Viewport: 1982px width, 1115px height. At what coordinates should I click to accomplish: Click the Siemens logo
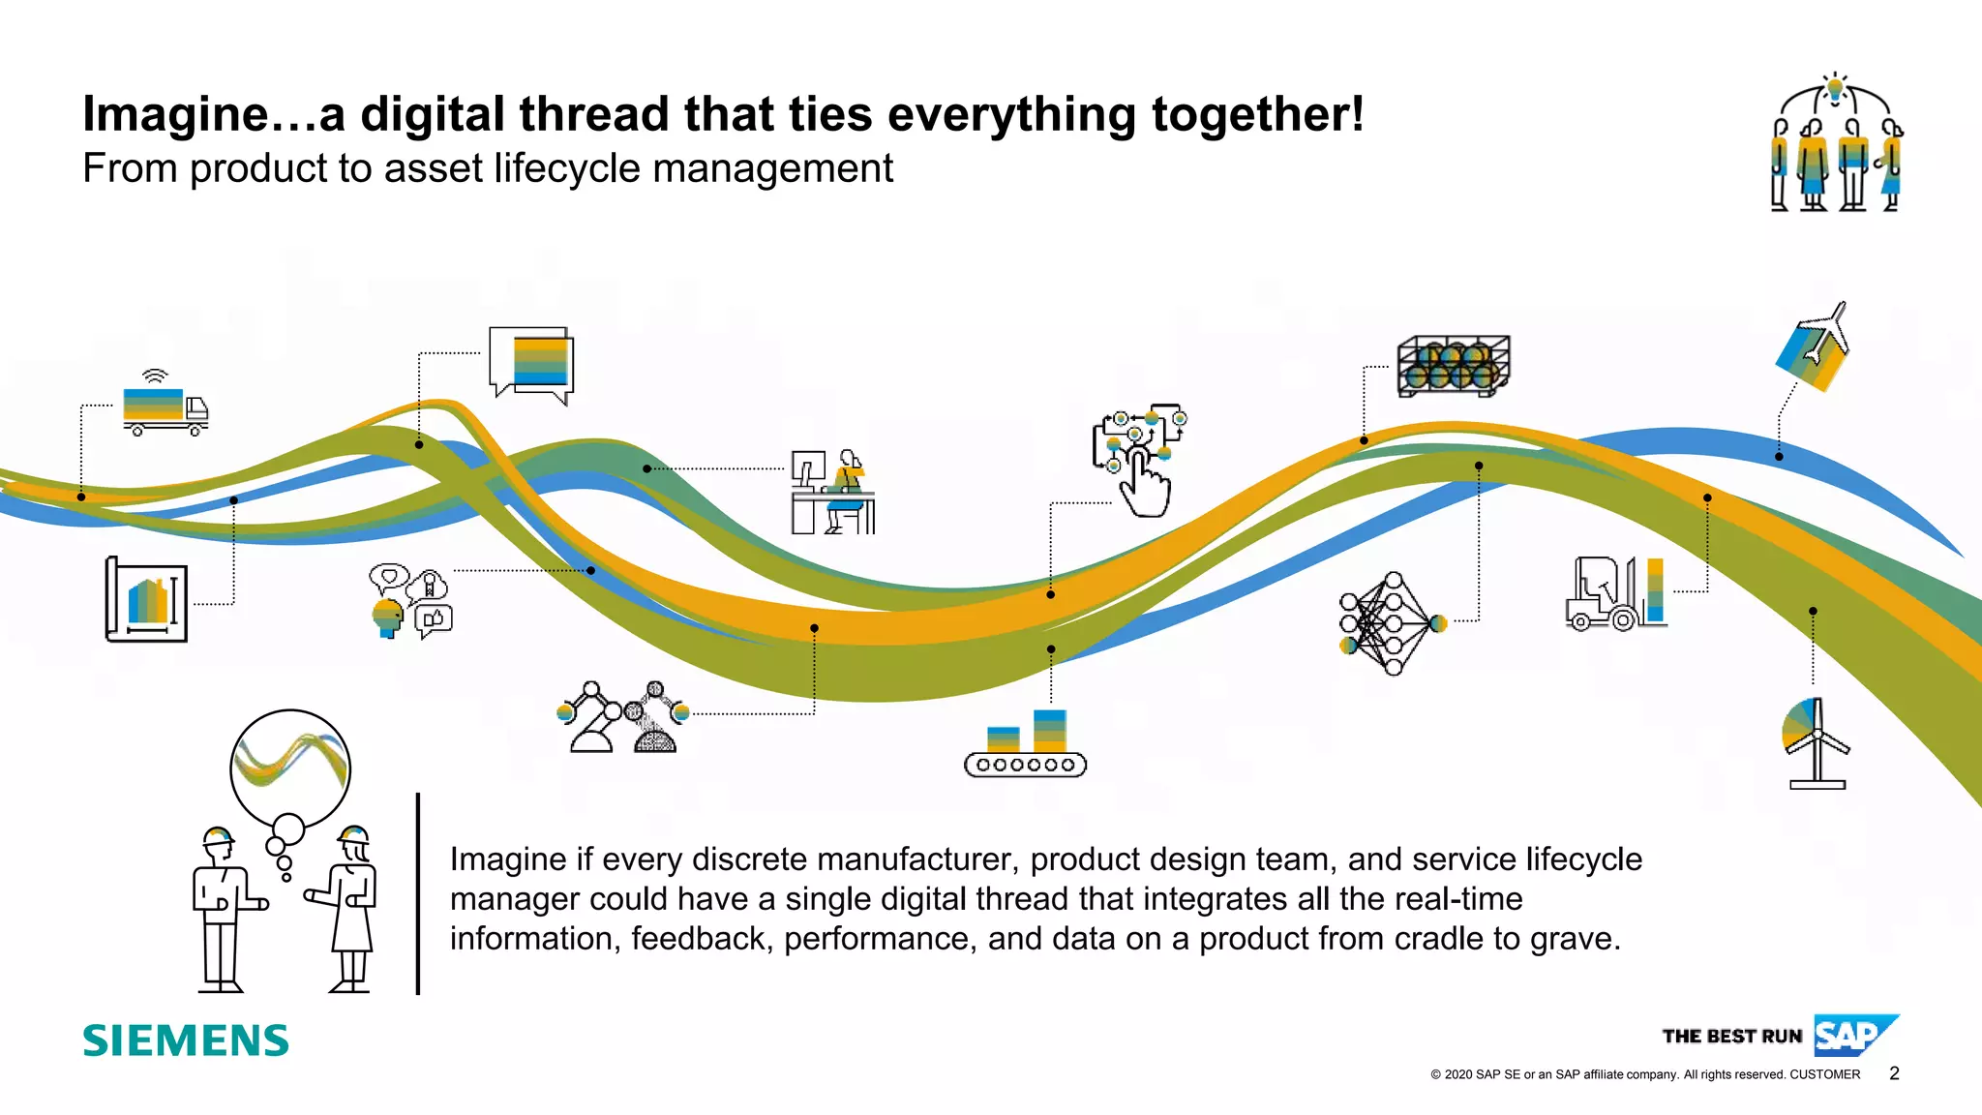(186, 1040)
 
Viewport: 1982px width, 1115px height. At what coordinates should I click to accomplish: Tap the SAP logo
(1853, 1036)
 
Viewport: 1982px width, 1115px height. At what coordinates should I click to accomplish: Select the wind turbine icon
(1816, 743)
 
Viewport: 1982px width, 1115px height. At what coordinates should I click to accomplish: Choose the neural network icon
(1391, 623)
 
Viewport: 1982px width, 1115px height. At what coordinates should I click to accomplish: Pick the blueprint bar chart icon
(146, 600)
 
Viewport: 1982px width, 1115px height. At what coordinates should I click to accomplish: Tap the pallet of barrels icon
(1453, 367)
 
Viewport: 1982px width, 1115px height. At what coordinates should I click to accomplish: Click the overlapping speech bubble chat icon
(531, 365)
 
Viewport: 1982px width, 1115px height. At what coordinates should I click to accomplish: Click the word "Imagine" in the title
(175, 114)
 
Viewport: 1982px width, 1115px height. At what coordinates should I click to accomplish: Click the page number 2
(1894, 1073)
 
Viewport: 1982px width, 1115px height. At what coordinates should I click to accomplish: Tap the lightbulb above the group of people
(1834, 90)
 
